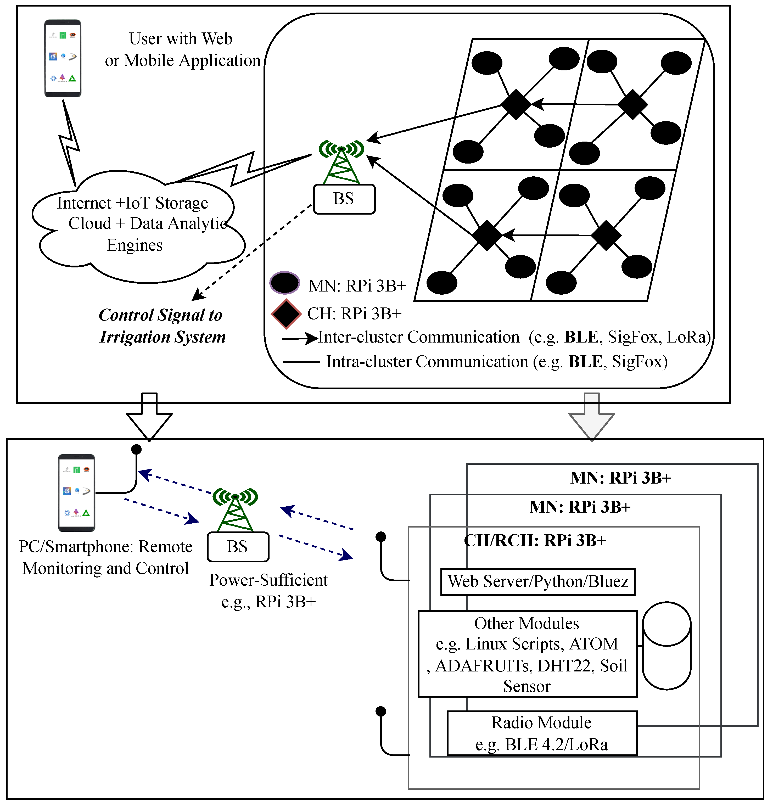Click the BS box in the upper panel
tap(344, 199)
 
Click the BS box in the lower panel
tap(238, 547)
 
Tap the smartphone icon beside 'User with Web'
tap(63, 58)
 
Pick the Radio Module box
tap(542, 733)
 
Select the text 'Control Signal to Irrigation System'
tap(162, 326)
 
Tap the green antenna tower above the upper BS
tap(341, 162)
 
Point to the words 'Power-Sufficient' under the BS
tap(268, 580)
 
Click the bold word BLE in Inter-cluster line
tap(581, 337)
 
